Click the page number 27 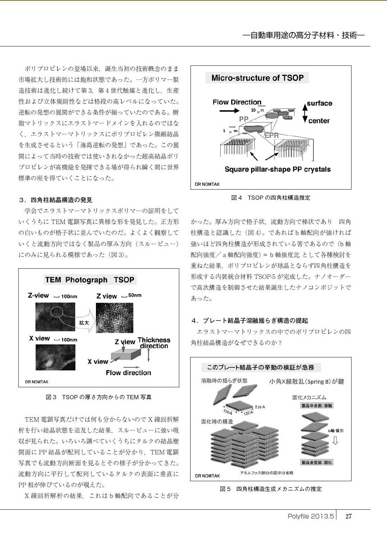[x=348, y=516]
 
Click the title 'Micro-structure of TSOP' [x=257, y=78]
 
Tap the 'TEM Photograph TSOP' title [x=90, y=280]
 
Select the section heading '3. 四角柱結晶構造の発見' [x=56, y=200]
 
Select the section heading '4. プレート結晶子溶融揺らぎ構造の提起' [x=250, y=320]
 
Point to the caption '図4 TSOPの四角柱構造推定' [x=271, y=198]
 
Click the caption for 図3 [x=98, y=397]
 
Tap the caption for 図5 [x=271, y=489]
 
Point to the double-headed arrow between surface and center [x=305, y=113]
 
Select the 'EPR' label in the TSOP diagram [x=271, y=135]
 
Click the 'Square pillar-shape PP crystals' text [x=277, y=169]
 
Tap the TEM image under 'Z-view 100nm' [x=55, y=316]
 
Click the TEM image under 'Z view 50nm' [x=115, y=318]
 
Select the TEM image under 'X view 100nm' [x=56, y=357]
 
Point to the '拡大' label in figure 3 [x=84, y=323]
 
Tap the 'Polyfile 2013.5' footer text [x=310, y=516]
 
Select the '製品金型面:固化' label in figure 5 [x=316, y=462]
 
